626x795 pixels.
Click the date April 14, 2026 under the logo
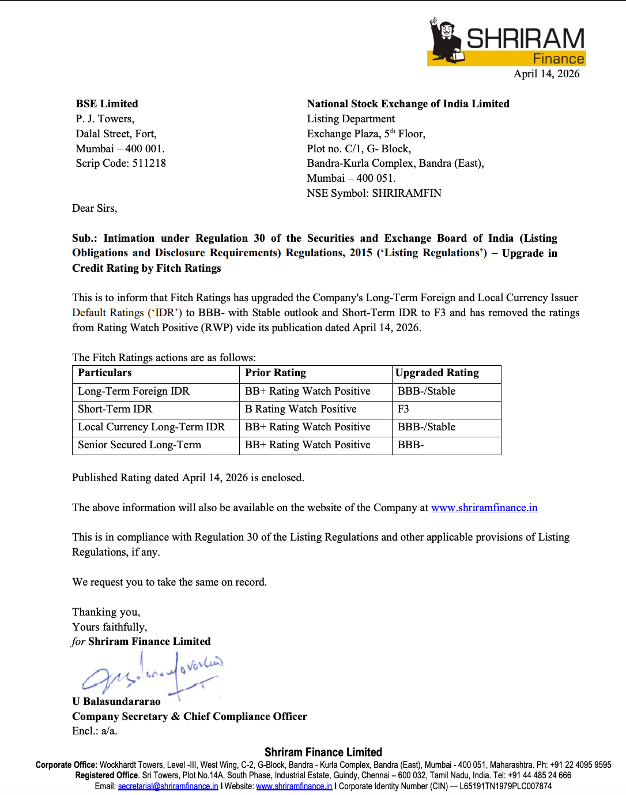click(546, 74)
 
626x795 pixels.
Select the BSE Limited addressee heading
click(107, 104)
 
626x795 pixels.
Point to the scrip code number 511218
click(149, 163)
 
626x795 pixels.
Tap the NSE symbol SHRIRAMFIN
click(406, 193)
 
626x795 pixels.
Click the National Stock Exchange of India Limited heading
click(408, 104)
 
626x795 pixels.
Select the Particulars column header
click(105, 373)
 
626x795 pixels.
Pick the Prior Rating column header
click(276, 373)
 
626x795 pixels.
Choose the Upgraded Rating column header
click(437, 373)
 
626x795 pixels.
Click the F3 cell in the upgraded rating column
click(403, 409)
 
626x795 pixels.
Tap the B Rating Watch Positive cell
click(301, 409)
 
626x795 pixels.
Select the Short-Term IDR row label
click(115, 409)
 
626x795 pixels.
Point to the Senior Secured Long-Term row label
click(139, 445)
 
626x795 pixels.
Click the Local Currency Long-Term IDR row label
click(152, 427)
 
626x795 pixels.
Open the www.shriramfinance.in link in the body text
click(484, 508)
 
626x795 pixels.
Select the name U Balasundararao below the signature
click(116, 702)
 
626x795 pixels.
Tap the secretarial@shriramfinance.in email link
click(168, 786)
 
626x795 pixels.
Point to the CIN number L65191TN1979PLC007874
click(506, 786)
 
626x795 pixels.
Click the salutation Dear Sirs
click(95, 208)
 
